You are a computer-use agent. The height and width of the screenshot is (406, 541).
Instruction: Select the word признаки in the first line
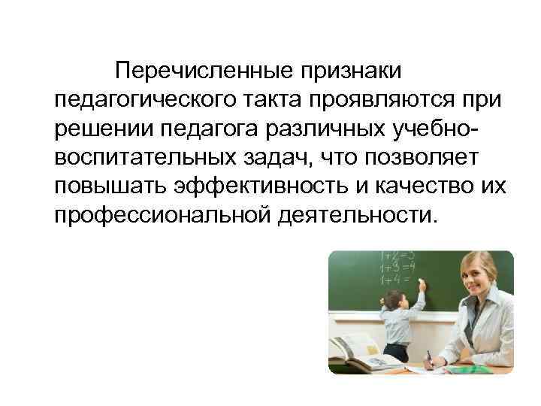click(352, 72)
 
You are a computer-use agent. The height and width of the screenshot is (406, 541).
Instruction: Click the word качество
click(426, 187)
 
